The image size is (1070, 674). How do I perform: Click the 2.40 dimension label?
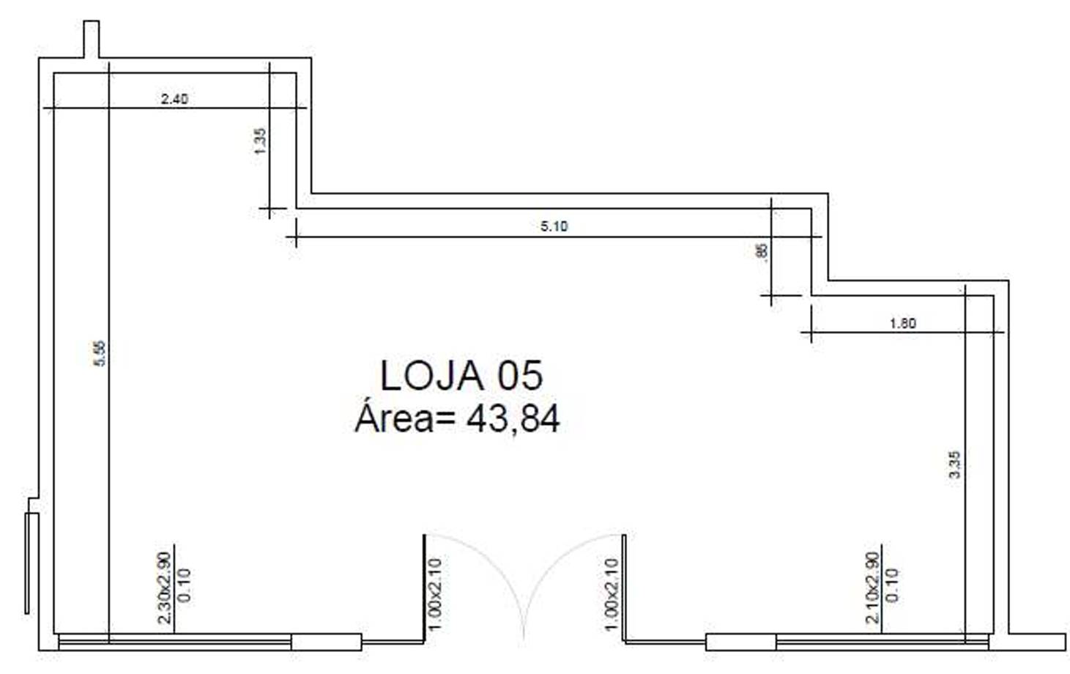point(174,99)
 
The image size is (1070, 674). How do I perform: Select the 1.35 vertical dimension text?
point(260,141)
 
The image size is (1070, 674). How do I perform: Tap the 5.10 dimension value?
point(554,226)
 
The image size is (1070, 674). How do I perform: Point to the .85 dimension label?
point(762,251)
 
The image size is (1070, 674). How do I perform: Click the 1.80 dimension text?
point(902,323)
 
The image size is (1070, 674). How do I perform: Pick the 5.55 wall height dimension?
point(100,353)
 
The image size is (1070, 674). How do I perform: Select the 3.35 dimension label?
point(954,464)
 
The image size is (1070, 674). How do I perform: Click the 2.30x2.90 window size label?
point(165,588)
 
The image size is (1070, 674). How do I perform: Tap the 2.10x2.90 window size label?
point(872,588)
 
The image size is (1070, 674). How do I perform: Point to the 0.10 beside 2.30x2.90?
point(184,585)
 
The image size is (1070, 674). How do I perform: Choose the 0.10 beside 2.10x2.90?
point(891,585)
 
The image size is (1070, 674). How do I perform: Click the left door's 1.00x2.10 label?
point(435,594)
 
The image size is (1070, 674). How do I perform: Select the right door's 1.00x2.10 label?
point(612,594)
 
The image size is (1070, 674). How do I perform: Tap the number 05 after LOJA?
point(521,376)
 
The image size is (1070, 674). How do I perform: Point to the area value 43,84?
point(513,419)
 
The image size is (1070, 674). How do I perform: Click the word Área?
point(394,419)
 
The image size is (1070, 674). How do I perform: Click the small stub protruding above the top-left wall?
point(91,39)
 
